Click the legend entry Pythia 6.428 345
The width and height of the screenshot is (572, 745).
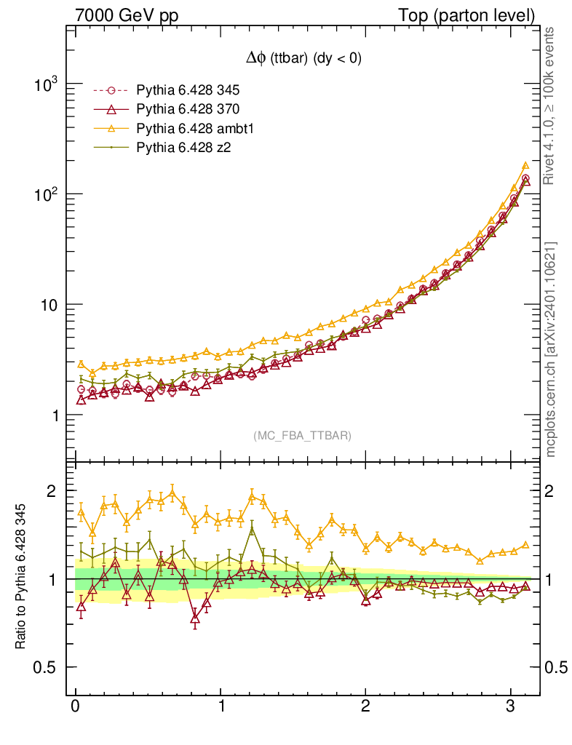pyautogui.click(x=188, y=91)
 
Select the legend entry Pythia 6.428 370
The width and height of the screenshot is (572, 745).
pyautogui.click(x=188, y=109)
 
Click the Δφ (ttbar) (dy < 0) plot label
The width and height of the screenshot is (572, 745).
pyautogui.click(x=303, y=59)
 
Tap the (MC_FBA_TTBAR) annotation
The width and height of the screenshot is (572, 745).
pyautogui.click(x=303, y=436)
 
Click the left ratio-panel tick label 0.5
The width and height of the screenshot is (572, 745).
pyautogui.click(x=45, y=668)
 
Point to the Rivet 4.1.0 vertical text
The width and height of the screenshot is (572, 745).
pyautogui.click(x=551, y=106)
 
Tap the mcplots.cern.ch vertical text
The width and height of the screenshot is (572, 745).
pyautogui.click(x=551, y=349)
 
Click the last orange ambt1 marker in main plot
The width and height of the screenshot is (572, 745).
pyautogui.click(x=525, y=166)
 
